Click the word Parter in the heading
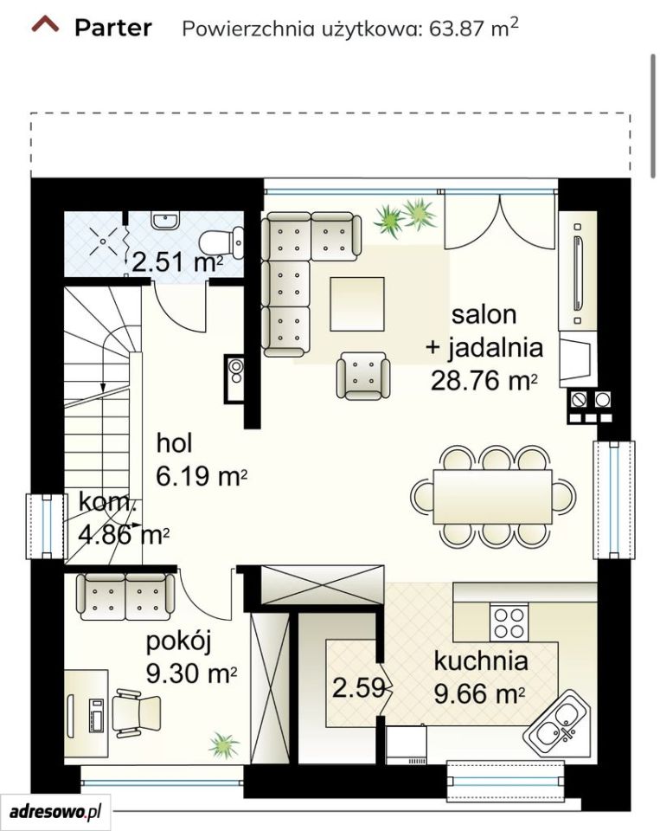coord(112,28)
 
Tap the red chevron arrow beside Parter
coord(45,24)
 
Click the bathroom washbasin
coord(166,221)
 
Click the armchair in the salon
coord(363,375)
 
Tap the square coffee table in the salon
coord(357,304)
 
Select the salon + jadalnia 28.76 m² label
coord(484,348)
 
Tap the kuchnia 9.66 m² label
coord(480,678)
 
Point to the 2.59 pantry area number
coord(358,688)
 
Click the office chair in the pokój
coord(137,712)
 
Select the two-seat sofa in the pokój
coord(125,596)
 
